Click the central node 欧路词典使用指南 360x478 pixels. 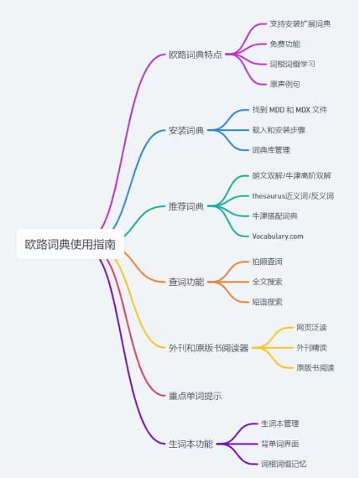70,244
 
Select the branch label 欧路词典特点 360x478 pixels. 196,55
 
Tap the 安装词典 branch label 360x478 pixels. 186,131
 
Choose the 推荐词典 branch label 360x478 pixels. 186,206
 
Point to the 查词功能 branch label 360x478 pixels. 186,282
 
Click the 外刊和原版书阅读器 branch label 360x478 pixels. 209,348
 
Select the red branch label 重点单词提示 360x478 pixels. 196,396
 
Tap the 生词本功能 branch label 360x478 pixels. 191,444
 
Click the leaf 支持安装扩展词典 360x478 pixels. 300,23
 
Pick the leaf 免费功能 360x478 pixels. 285,44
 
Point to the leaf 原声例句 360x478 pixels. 285,84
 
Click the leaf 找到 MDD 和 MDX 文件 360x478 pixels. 290,110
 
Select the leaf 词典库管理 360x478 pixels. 271,150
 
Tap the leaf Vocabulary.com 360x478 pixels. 278,236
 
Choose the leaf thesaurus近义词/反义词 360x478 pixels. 293,195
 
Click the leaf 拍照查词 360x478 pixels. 267,262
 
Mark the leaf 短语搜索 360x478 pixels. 267,302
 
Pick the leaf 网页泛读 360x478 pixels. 311,328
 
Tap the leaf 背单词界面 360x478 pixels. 280,444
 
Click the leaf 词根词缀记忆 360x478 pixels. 284,464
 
